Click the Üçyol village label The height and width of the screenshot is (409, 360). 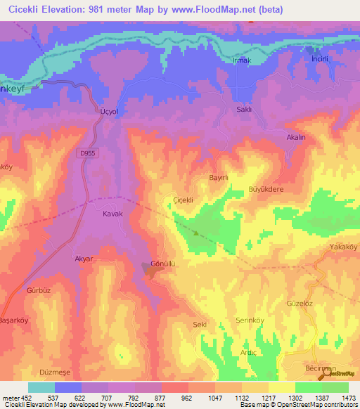tap(104, 112)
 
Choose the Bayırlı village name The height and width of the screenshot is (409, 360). tap(219, 178)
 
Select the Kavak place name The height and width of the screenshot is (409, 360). tap(113, 214)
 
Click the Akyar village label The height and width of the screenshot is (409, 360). tap(84, 259)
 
